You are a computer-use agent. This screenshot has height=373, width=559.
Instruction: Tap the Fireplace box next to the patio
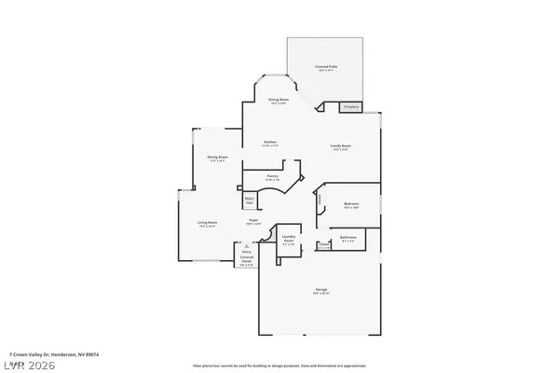350,108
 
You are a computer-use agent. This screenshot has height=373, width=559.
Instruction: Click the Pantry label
273,176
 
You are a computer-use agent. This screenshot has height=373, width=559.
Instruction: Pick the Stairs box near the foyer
250,200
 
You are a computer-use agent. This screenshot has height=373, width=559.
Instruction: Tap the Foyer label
252,222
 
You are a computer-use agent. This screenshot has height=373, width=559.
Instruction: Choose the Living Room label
207,224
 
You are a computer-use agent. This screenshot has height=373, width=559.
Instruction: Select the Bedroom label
351,205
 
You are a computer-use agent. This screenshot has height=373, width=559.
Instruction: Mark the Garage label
321,292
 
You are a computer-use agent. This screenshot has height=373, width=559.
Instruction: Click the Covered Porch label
247,261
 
